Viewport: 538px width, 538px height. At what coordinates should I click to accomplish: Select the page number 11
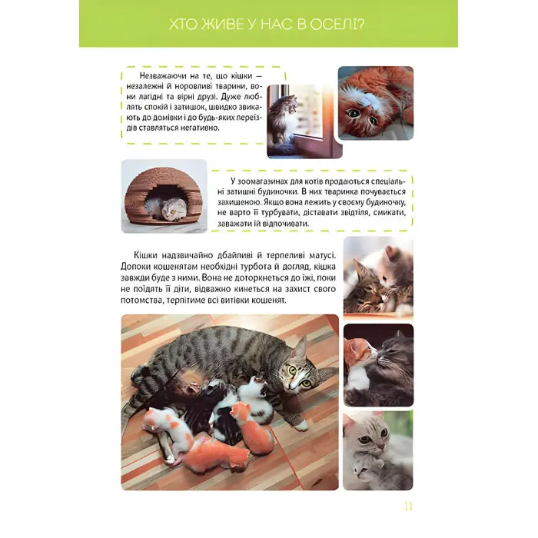point(408,506)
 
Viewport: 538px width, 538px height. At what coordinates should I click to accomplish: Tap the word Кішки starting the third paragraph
point(145,256)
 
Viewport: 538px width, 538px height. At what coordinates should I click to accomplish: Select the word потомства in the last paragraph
point(139,301)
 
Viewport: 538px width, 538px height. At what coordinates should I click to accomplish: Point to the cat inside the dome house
point(167,208)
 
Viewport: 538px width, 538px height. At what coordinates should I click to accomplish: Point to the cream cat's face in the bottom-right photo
point(370,436)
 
